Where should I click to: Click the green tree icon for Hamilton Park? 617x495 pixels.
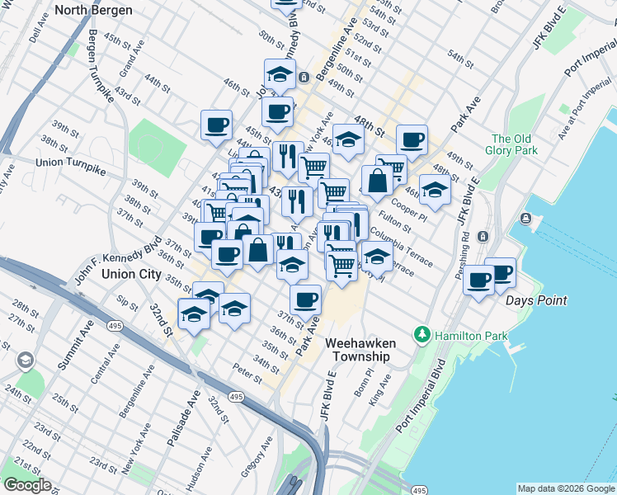(x=422, y=333)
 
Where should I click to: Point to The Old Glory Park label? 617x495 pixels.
(x=514, y=144)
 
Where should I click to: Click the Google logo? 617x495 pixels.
(x=26, y=485)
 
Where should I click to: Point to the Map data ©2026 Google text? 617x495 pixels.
(x=565, y=488)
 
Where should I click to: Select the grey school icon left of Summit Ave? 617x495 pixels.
(x=26, y=361)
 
